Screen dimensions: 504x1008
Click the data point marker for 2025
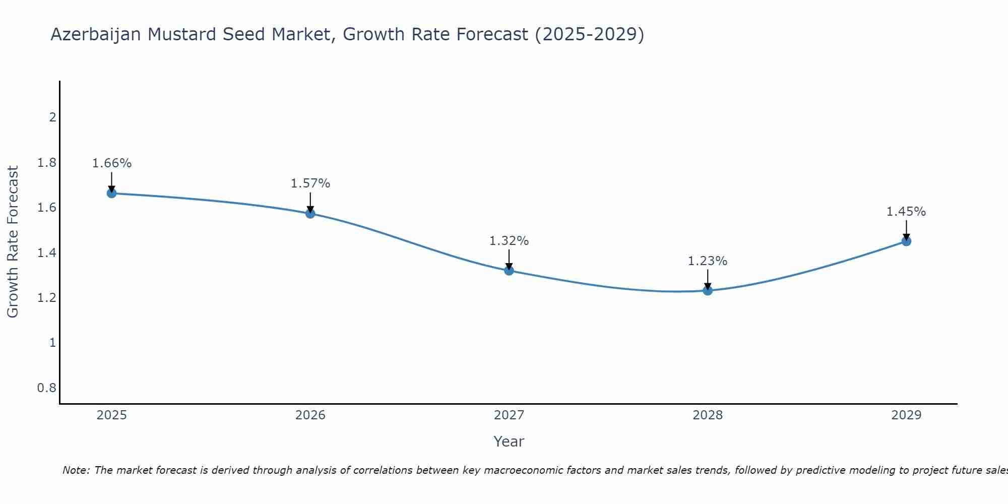111,193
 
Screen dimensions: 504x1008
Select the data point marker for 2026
310,213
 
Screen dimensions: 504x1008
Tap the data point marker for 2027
509,271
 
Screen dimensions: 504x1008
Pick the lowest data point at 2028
707,290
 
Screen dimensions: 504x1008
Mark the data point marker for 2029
906,241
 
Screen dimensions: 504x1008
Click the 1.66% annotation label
111,163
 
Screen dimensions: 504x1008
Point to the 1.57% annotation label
310,183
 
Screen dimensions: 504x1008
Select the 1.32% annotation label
509,241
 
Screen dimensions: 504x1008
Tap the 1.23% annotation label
707,261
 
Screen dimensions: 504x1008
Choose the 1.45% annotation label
906,212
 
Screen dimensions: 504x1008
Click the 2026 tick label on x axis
310,415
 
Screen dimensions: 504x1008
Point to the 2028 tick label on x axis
707,415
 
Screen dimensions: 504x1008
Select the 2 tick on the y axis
52,117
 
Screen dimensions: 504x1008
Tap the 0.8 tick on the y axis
46,388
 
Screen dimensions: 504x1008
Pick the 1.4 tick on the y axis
46,253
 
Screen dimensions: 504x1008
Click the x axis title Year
509,442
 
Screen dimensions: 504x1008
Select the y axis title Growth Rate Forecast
13,242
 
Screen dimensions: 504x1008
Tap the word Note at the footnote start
75,470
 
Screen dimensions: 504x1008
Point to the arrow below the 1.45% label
906,230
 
